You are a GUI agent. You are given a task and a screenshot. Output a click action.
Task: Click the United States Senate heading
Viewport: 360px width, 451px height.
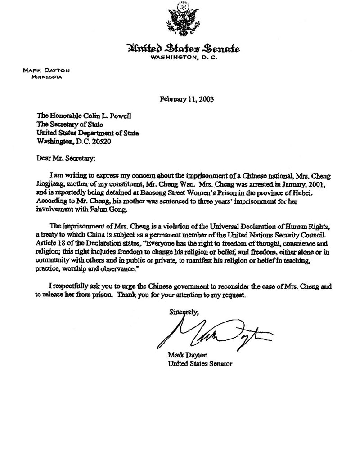tap(183, 49)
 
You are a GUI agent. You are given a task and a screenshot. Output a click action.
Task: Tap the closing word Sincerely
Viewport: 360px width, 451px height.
tap(184, 311)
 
